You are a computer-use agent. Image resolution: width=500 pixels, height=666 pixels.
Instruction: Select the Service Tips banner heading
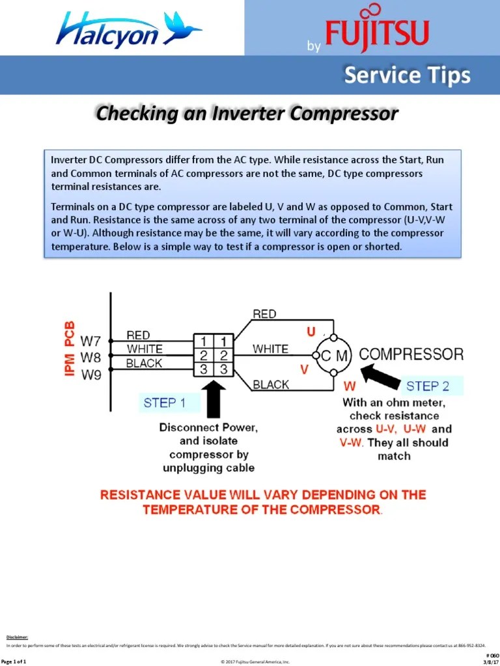pos(407,75)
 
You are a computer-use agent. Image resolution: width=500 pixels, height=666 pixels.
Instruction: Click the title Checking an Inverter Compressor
pos(247,114)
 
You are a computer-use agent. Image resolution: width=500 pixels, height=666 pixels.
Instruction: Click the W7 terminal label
pos(90,340)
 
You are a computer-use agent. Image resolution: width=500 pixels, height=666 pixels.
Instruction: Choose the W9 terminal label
pos(90,375)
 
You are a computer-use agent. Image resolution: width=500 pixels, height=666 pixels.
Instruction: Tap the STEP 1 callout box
pos(165,403)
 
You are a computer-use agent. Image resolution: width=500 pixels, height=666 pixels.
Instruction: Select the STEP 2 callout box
pos(428,386)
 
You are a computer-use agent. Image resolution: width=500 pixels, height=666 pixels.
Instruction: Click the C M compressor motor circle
pos(333,355)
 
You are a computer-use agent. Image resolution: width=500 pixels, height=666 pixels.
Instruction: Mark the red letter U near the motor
pos(311,332)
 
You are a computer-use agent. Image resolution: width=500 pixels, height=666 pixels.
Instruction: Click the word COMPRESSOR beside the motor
pos(411,354)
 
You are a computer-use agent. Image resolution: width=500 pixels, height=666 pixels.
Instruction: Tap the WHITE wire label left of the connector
pos(145,349)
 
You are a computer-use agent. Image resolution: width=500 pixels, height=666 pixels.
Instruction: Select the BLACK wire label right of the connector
pos(271,384)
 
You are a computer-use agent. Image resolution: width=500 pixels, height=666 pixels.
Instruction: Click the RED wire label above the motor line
pos(264,314)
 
